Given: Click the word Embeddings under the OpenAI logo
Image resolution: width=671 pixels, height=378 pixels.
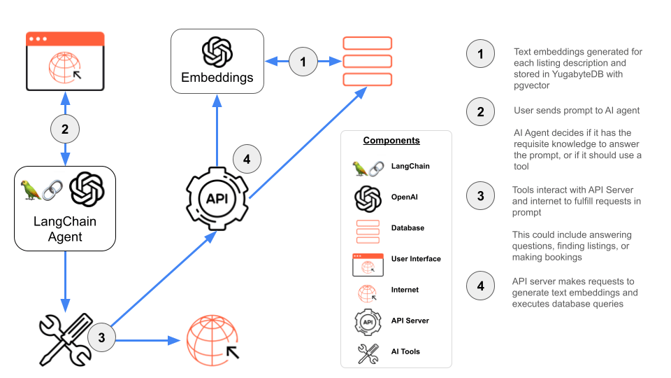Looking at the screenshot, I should (217, 78).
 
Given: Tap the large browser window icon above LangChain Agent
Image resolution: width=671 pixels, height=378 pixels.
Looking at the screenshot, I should (65, 61).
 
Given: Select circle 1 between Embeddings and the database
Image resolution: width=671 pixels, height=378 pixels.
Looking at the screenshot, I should (303, 62).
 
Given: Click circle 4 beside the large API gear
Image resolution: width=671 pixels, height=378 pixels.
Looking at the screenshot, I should (247, 159).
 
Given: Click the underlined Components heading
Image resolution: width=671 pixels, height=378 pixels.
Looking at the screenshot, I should (391, 141).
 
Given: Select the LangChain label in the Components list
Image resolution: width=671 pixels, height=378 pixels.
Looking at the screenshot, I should (410, 167).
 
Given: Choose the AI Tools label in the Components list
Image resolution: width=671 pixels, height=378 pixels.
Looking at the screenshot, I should (405, 351).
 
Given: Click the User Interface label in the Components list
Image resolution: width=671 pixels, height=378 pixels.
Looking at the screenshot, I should (416, 259).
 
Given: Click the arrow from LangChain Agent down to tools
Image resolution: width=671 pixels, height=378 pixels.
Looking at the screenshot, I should (65, 280).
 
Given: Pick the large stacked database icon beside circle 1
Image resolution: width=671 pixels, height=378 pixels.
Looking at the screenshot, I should (367, 61).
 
